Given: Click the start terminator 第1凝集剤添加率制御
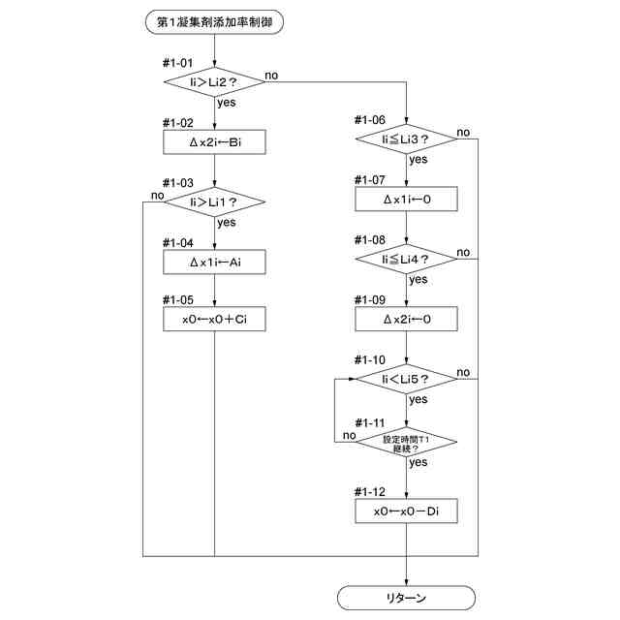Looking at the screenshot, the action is point(214,22).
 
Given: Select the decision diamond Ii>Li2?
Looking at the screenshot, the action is point(214,81).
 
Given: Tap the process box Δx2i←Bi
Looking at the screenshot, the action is point(214,142).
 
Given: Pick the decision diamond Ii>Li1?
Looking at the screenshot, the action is point(214,202).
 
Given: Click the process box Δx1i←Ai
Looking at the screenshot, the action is point(214,262).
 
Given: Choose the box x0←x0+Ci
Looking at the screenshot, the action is point(214,319).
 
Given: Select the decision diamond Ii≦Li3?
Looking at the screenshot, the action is point(406,139).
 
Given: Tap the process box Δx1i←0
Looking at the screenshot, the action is point(406,199).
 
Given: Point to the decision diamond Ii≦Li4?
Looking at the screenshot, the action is point(406,259).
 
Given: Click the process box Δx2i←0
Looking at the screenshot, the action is point(406,319).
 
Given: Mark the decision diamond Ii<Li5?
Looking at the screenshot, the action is point(406,379).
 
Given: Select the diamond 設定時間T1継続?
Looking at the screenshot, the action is point(406,442).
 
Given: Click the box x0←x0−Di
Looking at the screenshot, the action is point(406,511).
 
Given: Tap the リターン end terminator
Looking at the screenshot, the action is point(406,598).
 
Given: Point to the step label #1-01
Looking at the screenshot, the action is point(178,62).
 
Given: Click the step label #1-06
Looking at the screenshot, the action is point(370,119).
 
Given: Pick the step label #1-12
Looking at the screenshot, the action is point(370,491).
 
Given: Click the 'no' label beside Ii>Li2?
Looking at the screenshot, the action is point(271,76).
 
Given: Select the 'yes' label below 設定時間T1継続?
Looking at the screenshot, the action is point(418,462).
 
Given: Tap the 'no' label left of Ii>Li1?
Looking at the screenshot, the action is point(157,196).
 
